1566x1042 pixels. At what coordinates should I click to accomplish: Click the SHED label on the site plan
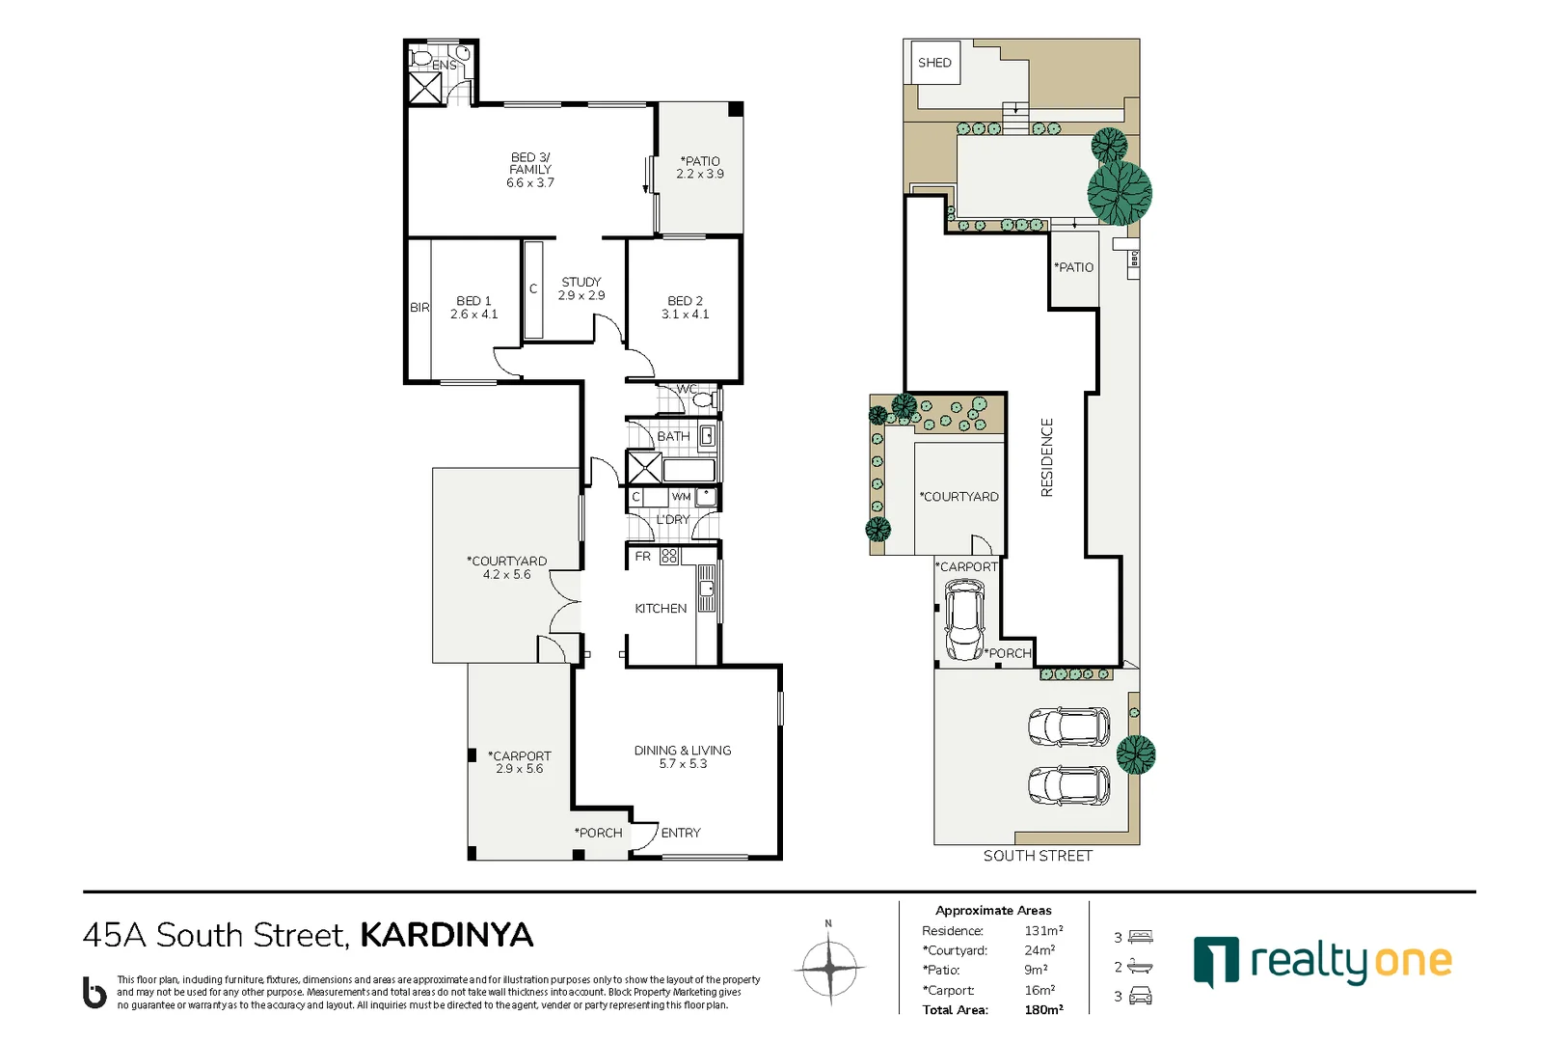(x=933, y=63)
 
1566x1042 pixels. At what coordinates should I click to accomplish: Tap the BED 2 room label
(x=685, y=301)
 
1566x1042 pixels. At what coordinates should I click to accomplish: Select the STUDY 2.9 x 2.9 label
(x=580, y=288)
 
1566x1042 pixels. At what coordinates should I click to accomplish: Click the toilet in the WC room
(x=703, y=398)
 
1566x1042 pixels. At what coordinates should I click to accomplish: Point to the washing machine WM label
(x=681, y=497)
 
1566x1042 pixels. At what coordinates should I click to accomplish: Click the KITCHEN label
(x=661, y=609)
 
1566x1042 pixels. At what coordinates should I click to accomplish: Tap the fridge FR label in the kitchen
(x=642, y=557)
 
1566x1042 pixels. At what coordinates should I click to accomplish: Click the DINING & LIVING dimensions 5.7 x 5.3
(x=683, y=764)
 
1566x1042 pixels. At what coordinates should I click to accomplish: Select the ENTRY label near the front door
(x=680, y=833)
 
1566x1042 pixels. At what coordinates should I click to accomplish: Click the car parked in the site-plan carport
(x=963, y=621)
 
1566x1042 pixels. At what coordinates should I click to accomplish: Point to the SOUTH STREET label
(x=1037, y=856)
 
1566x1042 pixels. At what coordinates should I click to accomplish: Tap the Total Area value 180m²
(x=1043, y=1010)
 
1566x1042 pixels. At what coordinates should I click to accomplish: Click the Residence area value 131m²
(x=1043, y=931)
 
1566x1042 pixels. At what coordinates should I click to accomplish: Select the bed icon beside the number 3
(x=1141, y=937)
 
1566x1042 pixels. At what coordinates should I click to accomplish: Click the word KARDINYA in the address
(x=446, y=935)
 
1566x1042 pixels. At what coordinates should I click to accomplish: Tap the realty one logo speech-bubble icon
(x=1216, y=962)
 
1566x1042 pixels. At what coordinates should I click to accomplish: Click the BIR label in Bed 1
(x=419, y=308)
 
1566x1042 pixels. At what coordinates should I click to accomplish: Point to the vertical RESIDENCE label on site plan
(x=1047, y=457)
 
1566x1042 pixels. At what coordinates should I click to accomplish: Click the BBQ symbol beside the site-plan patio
(x=1134, y=259)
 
